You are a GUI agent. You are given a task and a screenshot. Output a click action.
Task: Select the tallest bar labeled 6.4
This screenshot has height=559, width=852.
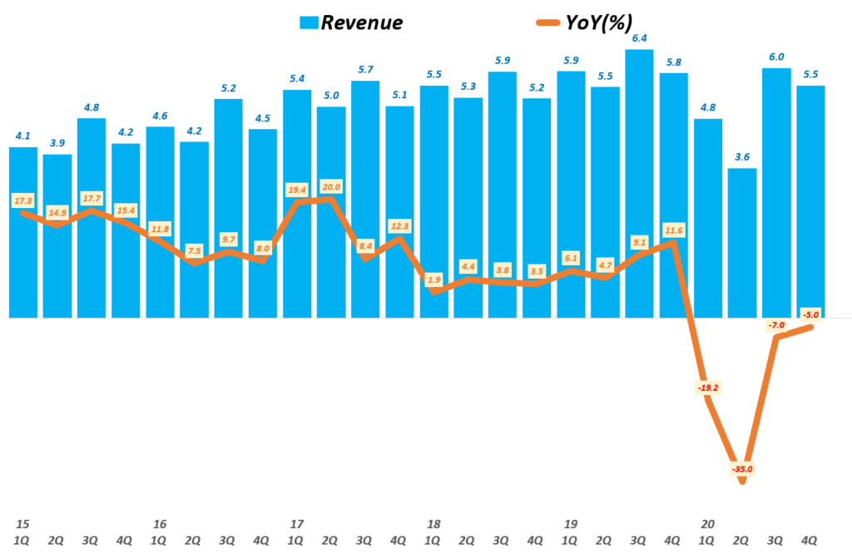(x=639, y=183)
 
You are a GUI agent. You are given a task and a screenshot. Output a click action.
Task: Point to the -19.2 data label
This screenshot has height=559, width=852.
(x=706, y=387)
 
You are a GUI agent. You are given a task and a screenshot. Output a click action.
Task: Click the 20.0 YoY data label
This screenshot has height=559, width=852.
(x=331, y=187)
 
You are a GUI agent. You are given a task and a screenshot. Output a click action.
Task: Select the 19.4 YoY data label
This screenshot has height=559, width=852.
(x=297, y=190)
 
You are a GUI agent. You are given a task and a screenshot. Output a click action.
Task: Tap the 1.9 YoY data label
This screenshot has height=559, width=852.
(x=433, y=279)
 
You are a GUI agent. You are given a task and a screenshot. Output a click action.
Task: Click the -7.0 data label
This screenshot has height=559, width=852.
(x=776, y=325)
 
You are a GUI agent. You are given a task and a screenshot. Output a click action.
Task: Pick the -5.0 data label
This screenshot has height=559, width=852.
(x=810, y=314)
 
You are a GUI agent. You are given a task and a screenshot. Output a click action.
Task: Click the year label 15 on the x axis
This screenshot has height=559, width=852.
(x=22, y=524)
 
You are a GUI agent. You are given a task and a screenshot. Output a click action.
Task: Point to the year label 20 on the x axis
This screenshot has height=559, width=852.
(x=707, y=524)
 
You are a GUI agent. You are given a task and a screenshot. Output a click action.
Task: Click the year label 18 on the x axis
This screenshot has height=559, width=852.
(x=433, y=524)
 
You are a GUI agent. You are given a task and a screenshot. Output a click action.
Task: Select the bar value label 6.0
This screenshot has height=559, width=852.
(x=776, y=57)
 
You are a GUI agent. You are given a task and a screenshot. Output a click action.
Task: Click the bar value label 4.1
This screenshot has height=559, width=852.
(x=22, y=136)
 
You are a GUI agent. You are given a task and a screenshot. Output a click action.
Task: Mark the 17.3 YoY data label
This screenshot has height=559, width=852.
(x=23, y=201)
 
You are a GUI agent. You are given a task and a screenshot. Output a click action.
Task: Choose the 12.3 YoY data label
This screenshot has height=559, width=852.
(x=399, y=225)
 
